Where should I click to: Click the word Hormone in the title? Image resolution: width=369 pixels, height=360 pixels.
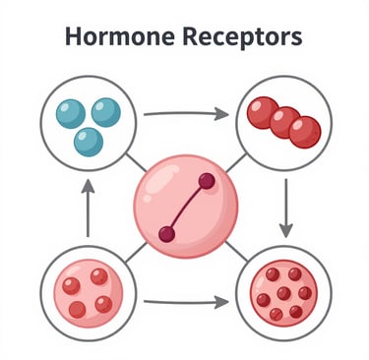click(120, 36)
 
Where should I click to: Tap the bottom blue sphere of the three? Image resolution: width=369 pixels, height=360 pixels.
click(89, 143)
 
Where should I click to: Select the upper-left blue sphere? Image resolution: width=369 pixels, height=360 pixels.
click(71, 114)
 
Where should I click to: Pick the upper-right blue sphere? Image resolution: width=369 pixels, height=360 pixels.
click(106, 112)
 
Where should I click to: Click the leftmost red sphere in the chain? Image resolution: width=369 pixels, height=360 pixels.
click(262, 112)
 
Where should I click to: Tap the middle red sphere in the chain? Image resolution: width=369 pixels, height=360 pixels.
click(284, 123)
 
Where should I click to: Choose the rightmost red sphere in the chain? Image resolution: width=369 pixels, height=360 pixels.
click(305, 132)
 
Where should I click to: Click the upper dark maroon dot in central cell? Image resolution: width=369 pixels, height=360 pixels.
click(207, 181)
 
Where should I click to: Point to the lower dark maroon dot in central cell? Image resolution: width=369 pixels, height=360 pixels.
click(167, 234)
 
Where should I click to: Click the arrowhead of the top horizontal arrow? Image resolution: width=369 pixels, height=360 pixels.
click(221, 114)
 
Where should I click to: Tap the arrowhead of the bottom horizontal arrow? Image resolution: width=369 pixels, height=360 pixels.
click(221, 302)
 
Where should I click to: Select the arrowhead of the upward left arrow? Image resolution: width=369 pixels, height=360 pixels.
click(88, 186)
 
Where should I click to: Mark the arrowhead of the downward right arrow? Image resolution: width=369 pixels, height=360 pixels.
click(286, 230)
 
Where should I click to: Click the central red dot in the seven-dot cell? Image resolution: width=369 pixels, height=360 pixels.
click(283, 293)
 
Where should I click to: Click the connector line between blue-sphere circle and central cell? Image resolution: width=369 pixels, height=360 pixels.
click(136, 163)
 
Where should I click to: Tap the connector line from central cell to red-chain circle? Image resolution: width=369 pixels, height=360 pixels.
click(235, 163)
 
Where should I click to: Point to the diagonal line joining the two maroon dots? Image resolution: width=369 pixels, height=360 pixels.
click(187, 208)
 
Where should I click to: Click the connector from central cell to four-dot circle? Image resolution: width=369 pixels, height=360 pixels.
click(136, 253)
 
